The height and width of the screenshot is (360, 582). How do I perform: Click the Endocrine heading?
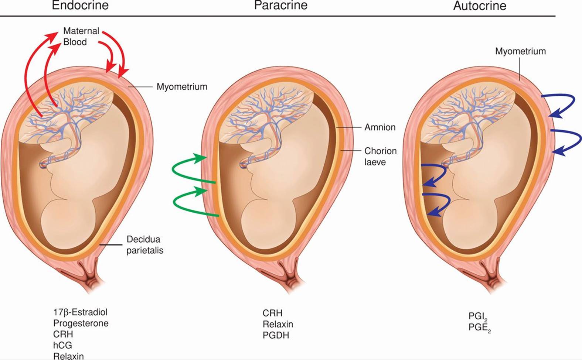(x=80, y=6)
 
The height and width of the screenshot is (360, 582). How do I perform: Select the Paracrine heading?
(x=280, y=6)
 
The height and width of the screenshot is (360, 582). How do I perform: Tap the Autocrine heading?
(x=479, y=6)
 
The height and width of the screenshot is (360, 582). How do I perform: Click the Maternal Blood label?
(x=81, y=36)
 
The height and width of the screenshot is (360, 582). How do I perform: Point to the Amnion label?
(x=380, y=127)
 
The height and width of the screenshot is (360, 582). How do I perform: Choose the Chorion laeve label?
(x=380, y=156)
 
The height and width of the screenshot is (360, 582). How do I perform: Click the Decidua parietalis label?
(x=145, y=244)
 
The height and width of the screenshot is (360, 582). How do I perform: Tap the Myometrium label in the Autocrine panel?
(x=520, y=51)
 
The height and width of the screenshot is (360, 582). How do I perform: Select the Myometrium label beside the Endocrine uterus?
(x=182, y=87)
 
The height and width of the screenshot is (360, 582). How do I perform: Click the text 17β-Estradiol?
(x=80, y=312)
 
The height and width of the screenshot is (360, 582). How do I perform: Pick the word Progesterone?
(x=81, y=323)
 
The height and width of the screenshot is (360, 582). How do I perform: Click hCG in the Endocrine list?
(x=62, y=346)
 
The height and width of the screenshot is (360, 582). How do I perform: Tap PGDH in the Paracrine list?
(x=276, y=335)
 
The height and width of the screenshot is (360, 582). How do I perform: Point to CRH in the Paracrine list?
(x=272, y=313)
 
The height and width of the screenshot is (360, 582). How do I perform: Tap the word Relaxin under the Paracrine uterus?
(x=278, y=324)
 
